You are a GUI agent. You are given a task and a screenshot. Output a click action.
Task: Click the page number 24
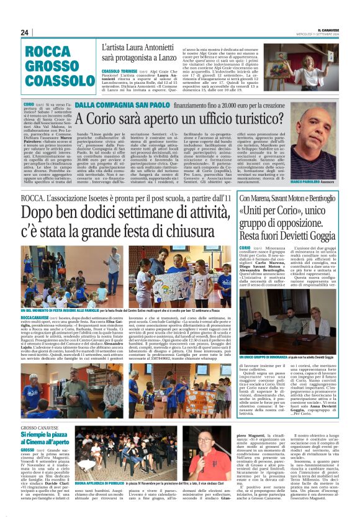coord(24,32)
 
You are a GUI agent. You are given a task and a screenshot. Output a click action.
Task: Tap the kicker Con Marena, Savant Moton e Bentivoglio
coord(285,198)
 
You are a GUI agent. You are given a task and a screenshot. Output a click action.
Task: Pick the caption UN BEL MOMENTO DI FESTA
coord(53,309)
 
